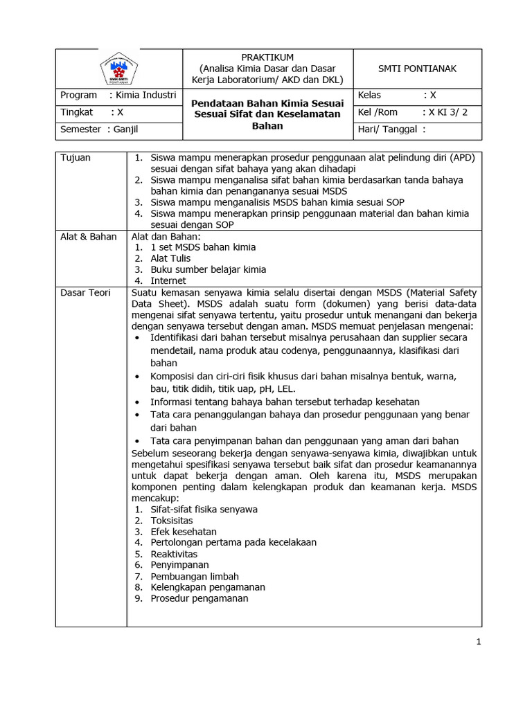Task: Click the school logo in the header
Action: point(119,69)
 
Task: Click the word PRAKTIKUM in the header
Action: point(267,57)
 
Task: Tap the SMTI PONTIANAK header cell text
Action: point(417,69)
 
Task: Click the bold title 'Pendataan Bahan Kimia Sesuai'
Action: point(267,102)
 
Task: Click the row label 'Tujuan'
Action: point(76,158)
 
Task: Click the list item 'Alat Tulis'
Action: point(170,258)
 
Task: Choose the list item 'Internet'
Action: point(168,280)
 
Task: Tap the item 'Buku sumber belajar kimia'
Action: point(208,269)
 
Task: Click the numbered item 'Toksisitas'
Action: point(172,520)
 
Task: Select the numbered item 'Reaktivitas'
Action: point(174,554)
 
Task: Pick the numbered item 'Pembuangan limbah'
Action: point(195,576)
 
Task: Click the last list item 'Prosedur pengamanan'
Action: point(199,598)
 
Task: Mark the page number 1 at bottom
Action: point(478,642)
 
